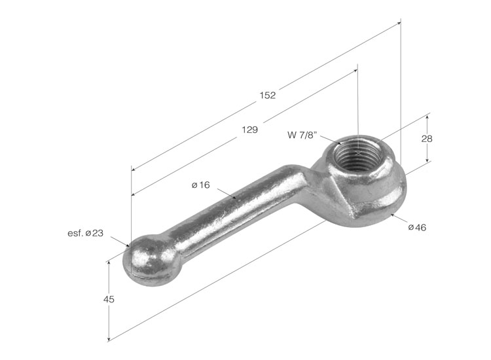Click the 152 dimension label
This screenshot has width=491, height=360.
[267, 95]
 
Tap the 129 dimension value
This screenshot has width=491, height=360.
[249, 130]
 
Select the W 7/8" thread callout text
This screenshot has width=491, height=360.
[302, 135]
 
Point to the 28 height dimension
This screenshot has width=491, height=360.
[426, 138]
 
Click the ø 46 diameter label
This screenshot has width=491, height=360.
[417, 227]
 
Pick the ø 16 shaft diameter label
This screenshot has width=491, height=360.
[201, 185]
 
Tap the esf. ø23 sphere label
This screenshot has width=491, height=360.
[86, 233]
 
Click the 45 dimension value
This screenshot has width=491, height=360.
[109, 300]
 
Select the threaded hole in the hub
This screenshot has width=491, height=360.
[359, 153]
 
